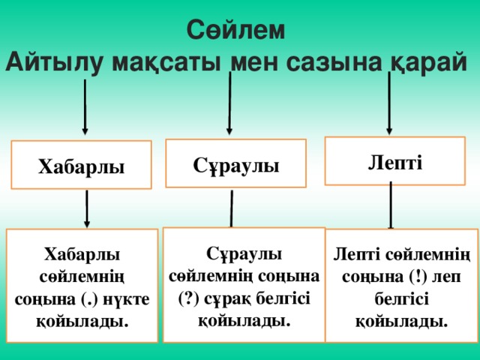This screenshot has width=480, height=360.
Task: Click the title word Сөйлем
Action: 235,30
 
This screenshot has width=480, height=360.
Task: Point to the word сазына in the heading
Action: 334,63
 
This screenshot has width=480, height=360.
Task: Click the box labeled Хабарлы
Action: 82,165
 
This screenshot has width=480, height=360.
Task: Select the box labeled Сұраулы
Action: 236,163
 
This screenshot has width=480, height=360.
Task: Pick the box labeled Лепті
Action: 395,161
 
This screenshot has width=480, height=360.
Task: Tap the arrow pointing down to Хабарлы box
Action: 85,107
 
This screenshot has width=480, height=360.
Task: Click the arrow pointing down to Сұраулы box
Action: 229,103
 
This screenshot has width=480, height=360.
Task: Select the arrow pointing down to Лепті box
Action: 389,103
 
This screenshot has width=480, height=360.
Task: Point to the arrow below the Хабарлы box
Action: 87,209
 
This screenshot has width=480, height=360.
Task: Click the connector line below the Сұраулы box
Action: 232,208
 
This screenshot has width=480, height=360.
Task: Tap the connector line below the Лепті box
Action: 391,205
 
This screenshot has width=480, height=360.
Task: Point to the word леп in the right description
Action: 446,277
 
